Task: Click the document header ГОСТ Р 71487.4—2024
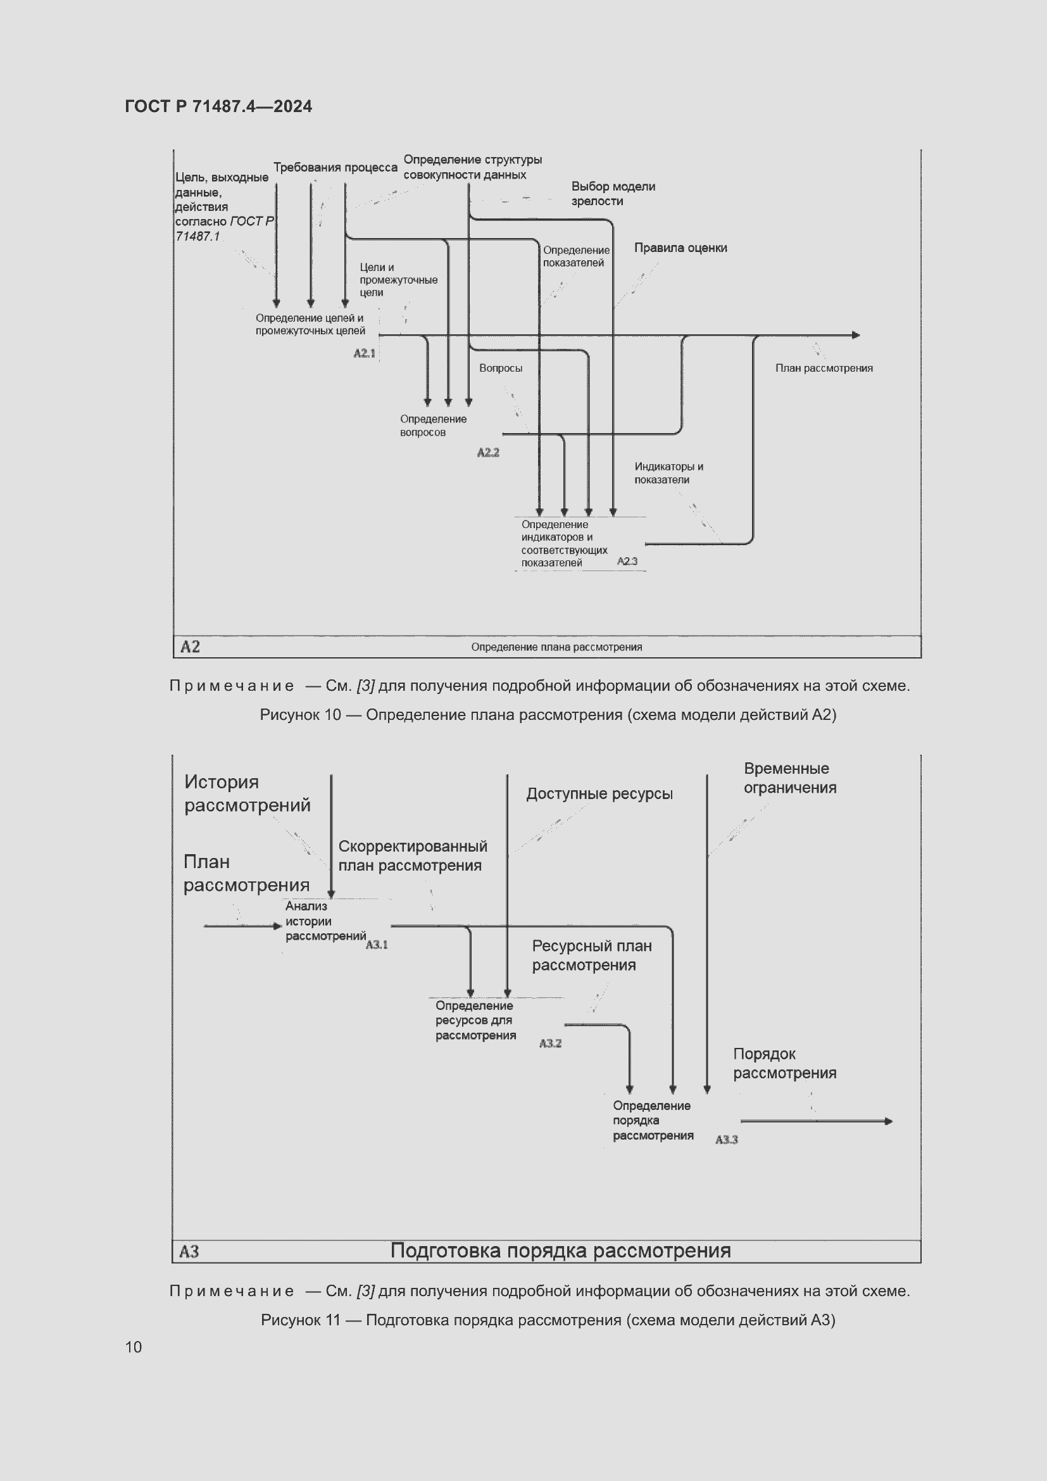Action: tap(218, 106)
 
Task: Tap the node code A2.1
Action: tap(364, 353)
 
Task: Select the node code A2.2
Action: tap(488, 452)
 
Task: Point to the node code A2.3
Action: tap(627, 561)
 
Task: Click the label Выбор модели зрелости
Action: tap(613, 194)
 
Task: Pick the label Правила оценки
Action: tap(680, 248)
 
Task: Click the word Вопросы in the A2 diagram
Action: tap(500, 368)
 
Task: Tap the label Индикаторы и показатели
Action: tap(668, 473)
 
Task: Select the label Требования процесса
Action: tap(335, 167)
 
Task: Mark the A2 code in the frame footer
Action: tap(190, 646)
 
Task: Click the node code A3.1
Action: tap(377, 944)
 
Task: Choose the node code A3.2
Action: tap(550, 1043)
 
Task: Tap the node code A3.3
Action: tap(726, 1139)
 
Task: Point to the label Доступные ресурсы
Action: tap(599, 793)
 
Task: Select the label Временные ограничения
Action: tap(789, 778)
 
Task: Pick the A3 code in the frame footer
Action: tap(189, 1251)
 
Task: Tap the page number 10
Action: tap(134, 1346)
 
